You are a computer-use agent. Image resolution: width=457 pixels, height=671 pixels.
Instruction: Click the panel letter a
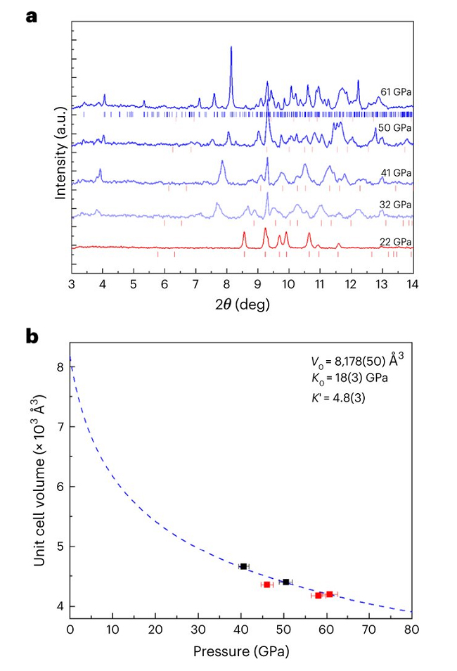31,15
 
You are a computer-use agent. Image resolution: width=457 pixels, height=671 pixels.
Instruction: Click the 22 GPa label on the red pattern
397,241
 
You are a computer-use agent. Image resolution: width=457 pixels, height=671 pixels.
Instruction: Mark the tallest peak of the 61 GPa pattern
231,49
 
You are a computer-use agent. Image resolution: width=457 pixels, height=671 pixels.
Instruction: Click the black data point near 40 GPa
243,566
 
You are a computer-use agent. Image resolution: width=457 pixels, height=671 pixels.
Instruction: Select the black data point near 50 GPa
285,582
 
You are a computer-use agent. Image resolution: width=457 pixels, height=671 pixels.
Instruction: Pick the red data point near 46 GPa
267,584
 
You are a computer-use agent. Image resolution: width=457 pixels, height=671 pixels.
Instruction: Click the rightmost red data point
329,594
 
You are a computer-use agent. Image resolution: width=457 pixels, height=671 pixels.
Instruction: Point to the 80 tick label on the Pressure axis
411,631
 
